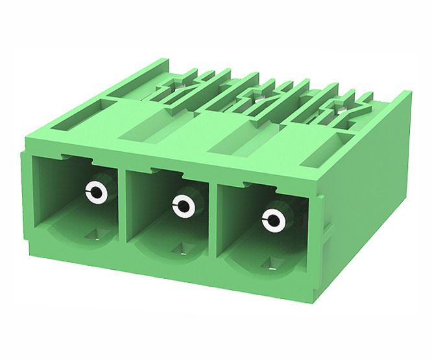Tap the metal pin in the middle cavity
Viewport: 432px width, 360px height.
point(182,207)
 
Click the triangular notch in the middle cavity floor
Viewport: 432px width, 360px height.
point(181,247)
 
